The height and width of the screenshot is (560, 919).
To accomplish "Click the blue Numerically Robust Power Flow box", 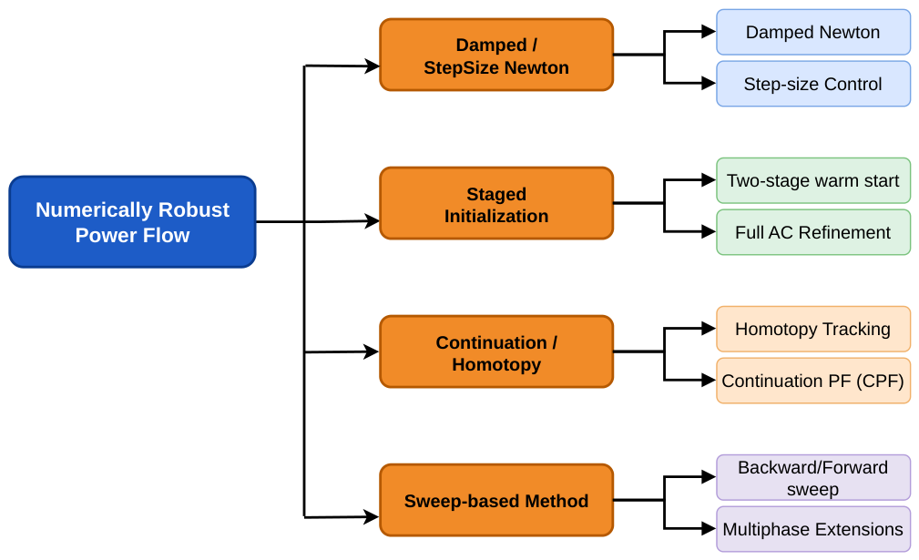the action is tap(132, 222).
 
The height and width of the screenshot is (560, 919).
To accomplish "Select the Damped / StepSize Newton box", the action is tap(496, 55).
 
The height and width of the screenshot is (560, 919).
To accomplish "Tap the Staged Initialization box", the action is tap(496, 204).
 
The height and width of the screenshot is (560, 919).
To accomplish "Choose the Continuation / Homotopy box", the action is tap(496, 352).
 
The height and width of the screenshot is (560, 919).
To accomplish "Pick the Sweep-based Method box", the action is tap(496, 500).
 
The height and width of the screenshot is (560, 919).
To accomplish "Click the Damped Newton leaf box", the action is tap(813, 32).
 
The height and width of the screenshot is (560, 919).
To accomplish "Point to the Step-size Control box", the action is tap(813, 84).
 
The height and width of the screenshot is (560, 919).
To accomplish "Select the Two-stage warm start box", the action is tap(813, 180).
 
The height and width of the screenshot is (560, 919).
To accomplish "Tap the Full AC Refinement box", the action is tap(813, 232).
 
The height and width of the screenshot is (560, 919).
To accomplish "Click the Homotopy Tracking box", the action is tap(813, 330).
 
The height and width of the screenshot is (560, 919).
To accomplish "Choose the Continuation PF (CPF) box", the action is tap(813, 381).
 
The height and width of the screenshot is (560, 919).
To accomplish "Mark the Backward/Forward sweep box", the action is tap(813, 477).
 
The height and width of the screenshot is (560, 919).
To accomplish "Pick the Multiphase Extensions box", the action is tap(813, 529).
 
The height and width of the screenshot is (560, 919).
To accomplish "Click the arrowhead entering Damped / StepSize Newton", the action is tap(373, 66).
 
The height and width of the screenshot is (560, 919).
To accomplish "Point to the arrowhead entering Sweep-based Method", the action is tap(373, 516).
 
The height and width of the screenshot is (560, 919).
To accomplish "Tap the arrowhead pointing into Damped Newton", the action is tap(709, 32).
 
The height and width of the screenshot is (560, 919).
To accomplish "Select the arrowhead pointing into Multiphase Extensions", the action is tap(709, 529).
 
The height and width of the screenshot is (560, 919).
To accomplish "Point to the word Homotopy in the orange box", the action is tap(496, 365).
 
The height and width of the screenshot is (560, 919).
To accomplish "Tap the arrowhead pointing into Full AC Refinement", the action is tap(709, 232).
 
